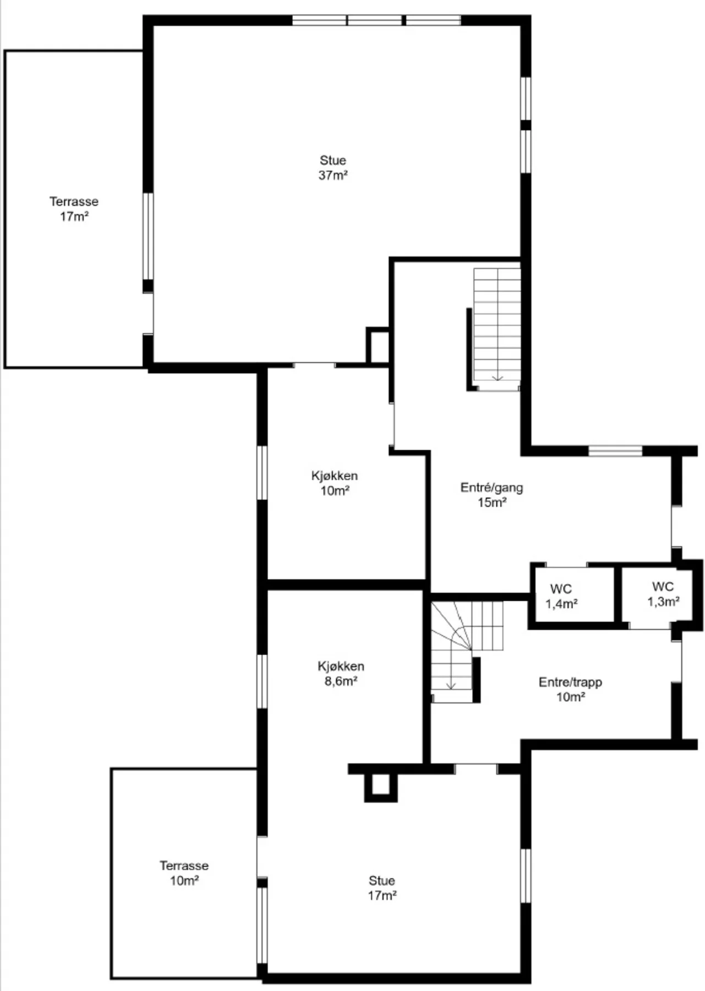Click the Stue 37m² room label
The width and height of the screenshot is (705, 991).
[333, 168]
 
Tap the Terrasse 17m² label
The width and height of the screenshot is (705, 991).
[74, 209]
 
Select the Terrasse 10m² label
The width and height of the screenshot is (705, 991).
[184, 873]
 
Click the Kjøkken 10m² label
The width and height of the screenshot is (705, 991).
[335, 483]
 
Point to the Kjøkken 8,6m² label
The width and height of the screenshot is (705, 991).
[341, 673]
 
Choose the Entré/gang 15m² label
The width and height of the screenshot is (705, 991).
[491, 494]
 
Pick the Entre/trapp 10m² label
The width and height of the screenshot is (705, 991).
[570, 689]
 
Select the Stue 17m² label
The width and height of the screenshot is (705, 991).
[382, 888]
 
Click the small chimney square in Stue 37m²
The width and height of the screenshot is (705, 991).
[378, 346]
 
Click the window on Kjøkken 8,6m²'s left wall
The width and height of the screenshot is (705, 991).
[263, 681]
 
